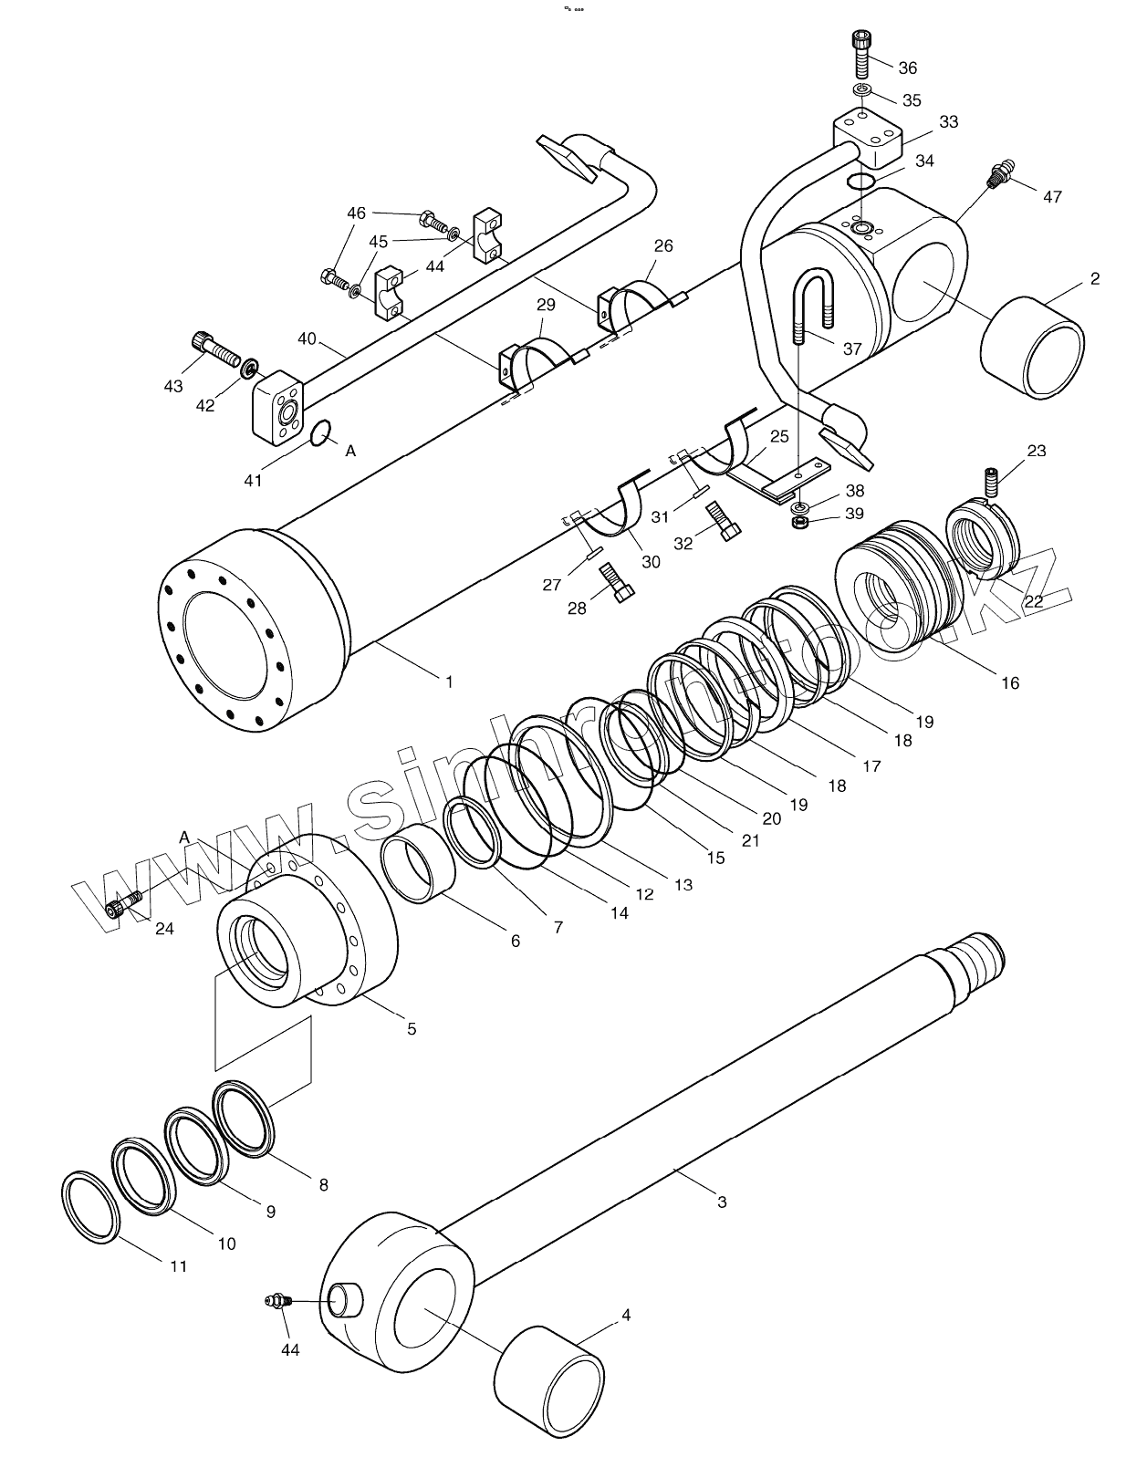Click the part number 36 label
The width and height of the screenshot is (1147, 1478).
coord(907,68)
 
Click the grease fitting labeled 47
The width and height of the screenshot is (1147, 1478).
coord(1002,173)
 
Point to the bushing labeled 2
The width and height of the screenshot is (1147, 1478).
coord(1033,348)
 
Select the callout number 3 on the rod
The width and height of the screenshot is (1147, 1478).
coord(721,1202)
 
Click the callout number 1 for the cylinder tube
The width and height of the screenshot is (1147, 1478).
coord(448,681)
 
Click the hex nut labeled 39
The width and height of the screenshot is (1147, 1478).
coord(798,522)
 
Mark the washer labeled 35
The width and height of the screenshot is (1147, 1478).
coord(861,90)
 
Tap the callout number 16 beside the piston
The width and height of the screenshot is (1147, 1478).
coord(1009,682)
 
